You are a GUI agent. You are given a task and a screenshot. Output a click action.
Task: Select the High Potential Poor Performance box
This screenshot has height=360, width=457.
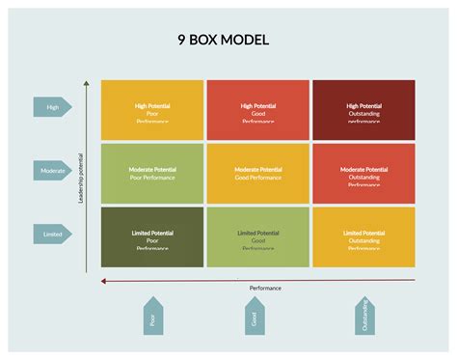point(151,109)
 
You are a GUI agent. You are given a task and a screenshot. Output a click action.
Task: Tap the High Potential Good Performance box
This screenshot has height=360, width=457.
point(257,109)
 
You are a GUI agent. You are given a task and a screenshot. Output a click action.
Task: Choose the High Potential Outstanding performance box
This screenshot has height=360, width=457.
point(363,109)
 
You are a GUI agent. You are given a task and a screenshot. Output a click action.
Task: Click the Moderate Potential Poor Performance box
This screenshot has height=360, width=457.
point(151,174)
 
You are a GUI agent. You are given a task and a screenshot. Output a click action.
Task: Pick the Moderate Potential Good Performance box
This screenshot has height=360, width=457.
point(257,174)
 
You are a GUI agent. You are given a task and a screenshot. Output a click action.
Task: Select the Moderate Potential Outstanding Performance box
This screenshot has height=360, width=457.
point(363,174)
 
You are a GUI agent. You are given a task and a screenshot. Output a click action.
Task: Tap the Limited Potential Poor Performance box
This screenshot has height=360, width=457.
point(151,237)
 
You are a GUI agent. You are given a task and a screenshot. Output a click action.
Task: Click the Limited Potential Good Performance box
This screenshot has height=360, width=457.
point(257,237)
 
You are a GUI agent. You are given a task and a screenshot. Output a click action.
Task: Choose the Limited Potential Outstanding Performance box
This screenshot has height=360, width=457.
point(363,237)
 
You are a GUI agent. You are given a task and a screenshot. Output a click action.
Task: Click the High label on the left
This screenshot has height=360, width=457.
point(52,106)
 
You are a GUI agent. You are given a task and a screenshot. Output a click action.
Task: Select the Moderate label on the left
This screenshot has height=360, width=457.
point(52,170)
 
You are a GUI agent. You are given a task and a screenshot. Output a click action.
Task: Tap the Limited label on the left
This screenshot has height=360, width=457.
point(52,233)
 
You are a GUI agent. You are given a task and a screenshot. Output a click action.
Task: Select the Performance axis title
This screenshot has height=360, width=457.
point(265,288)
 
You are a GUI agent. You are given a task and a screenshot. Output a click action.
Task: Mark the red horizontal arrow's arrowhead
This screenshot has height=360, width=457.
point(103,281)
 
